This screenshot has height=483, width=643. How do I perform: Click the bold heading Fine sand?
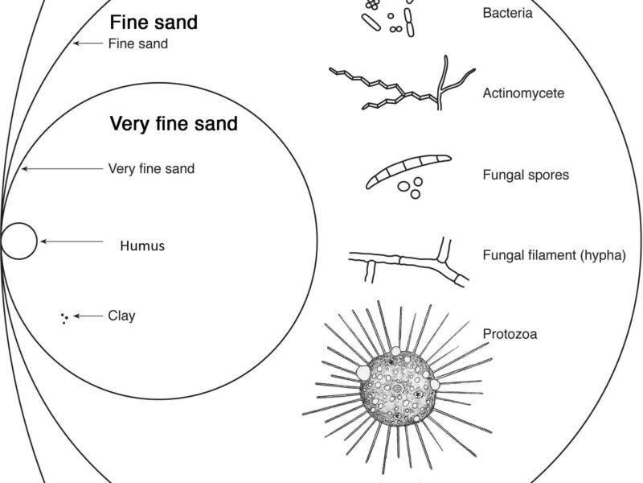[x=154, y=22]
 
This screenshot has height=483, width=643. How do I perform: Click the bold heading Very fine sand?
[x=174, y=124]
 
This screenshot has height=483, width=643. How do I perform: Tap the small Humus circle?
[x=18, y=242]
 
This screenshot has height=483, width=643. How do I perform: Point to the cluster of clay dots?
[x=63, y=318]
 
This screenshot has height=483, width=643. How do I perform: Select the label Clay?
[x=121, y=316]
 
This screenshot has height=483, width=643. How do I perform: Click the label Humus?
[x=142, y=246]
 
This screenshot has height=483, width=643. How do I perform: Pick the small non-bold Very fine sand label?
[x=151, y=169]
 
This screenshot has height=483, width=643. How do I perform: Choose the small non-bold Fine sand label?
[x=137, y=44]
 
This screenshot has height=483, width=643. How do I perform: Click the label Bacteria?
[x=507, y=13]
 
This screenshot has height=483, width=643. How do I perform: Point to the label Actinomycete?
[x=523, y=93]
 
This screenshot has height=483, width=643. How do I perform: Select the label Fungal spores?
[x=526, y=175]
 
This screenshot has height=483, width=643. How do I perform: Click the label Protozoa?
[x=508, y=332]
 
